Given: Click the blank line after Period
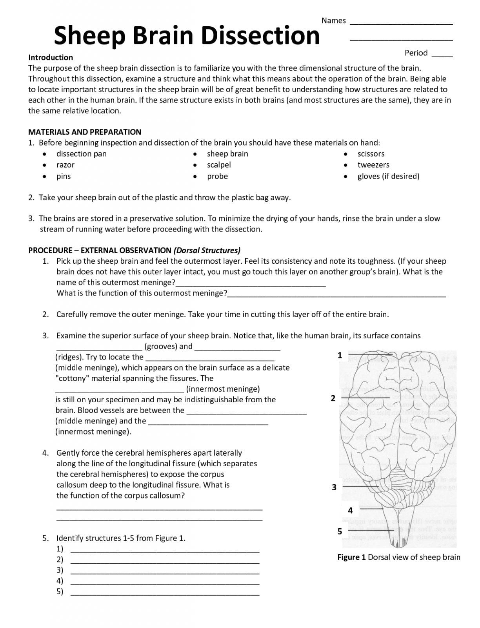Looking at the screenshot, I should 442,56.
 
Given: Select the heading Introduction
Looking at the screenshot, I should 51,57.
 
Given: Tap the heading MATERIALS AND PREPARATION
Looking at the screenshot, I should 85,132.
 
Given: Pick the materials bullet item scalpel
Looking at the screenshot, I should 219,165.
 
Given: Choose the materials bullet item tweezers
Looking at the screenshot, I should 373,165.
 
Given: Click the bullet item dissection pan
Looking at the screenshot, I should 82,154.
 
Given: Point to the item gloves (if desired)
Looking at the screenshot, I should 388,176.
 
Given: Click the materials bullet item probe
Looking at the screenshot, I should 217,176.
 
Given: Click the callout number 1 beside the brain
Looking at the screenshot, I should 340,355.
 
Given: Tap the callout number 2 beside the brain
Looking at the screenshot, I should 333,398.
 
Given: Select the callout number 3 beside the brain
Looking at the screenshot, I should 334,487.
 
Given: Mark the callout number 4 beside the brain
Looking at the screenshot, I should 350,511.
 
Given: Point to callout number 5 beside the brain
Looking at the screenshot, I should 340,531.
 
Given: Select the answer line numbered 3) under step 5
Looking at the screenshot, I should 165,573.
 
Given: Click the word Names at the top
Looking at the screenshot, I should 334,21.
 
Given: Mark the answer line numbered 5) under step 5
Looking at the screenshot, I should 165,594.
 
